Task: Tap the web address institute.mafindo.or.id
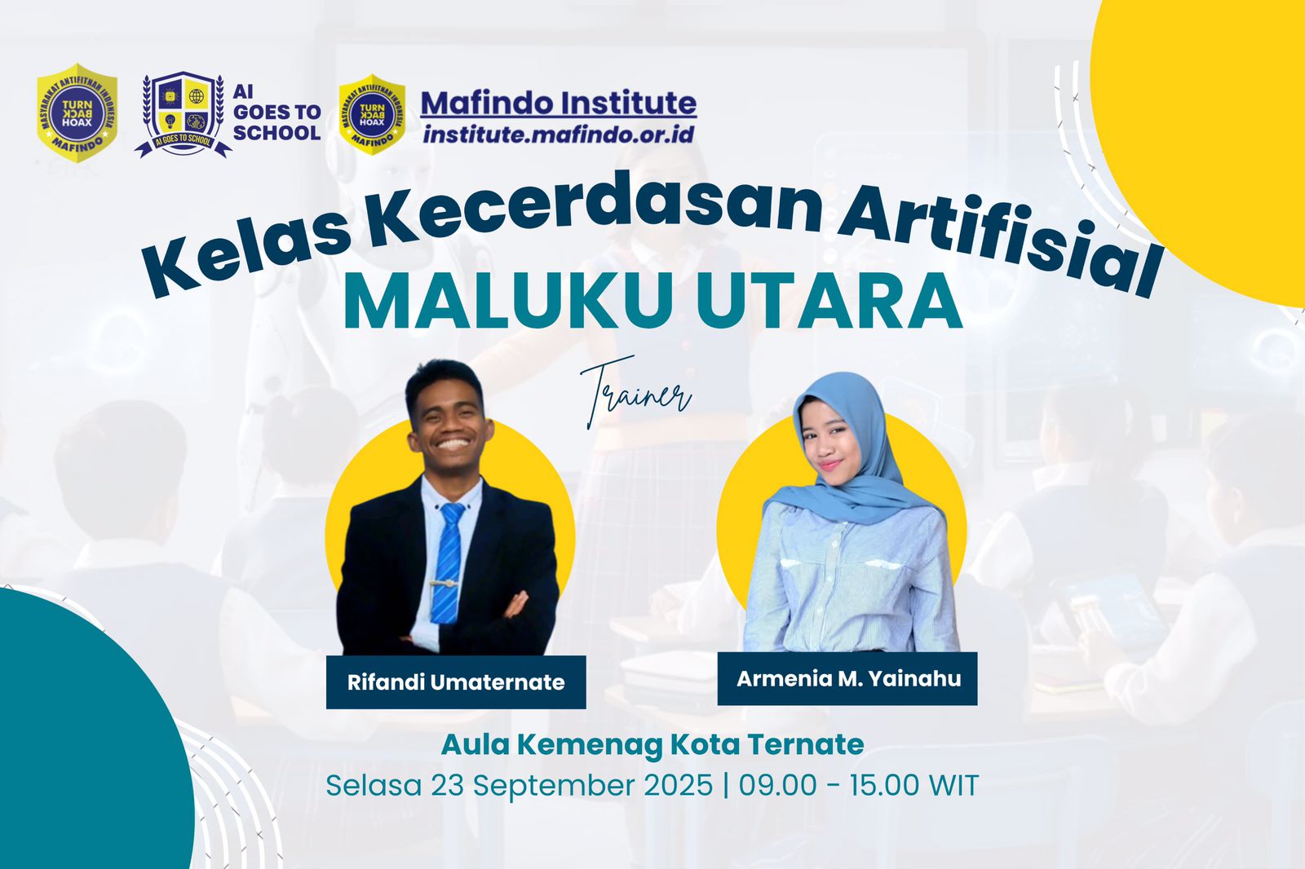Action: click(559, 135)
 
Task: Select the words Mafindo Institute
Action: click(559, 104)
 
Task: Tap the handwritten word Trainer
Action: click(636, 392)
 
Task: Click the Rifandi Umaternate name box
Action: click(456, 682)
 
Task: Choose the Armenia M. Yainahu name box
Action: click(848, 678)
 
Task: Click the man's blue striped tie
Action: click(448, 562)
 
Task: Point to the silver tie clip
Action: click(445, 584)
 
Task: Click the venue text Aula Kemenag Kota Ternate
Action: click(652, 744)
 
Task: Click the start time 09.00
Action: click(777, 786)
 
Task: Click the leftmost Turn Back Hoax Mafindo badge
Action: click(77, 113)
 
